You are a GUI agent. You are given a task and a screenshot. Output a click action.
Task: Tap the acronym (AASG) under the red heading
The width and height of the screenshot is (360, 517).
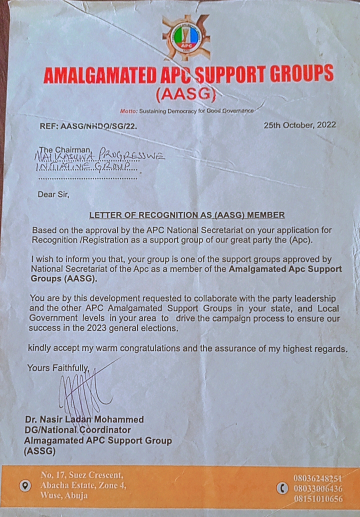(x=185, y=93)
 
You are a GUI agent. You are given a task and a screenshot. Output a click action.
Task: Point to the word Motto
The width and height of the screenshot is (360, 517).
(x=128, y=110)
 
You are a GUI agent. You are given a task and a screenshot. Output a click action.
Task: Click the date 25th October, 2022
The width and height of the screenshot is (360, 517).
(x=299, y=125)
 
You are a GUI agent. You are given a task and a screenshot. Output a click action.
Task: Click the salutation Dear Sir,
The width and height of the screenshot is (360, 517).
(x=53, y=194)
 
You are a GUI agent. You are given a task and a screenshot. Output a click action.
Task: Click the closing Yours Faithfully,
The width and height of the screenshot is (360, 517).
(x=58, y=368)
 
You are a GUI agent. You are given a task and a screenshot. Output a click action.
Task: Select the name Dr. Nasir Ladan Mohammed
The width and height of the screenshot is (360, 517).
(x=84, y=419)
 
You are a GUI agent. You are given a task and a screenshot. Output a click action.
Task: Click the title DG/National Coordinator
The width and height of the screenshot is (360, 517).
(x=77, y=430)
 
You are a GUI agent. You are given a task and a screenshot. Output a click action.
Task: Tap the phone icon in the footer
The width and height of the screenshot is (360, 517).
(x=284, y=488)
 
